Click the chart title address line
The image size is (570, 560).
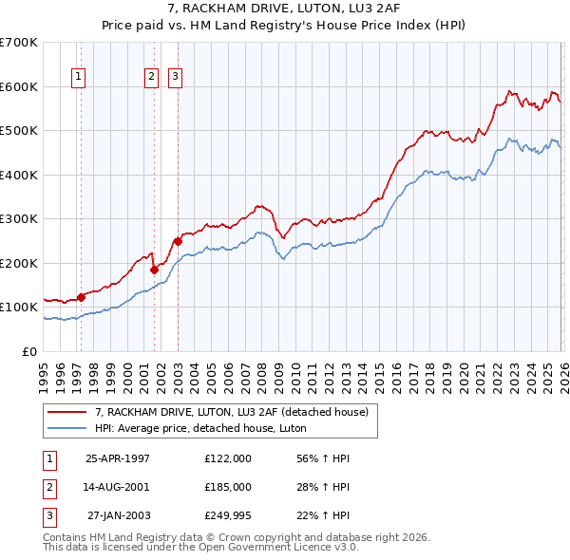[284, 9]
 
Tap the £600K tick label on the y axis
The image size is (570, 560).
[19, 86]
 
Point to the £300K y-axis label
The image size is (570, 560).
[19, 219]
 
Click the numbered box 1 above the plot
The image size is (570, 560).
[77, 78]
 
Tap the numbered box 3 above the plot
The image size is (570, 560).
[176, 78]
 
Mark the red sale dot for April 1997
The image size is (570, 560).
[81, 297]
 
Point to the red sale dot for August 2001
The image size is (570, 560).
[154, 270]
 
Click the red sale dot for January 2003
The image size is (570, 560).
[178, 241]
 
